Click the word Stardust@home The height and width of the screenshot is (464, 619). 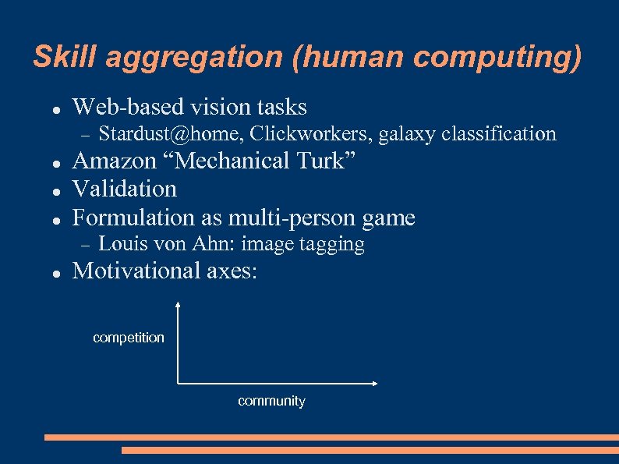point(172,135)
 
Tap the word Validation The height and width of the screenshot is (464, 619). point(125,189)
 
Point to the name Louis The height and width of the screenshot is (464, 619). point(122,244)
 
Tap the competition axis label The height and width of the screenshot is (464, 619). point(129,338)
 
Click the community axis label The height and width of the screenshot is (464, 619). point(271,401)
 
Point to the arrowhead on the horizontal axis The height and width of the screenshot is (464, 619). point(375,383)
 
